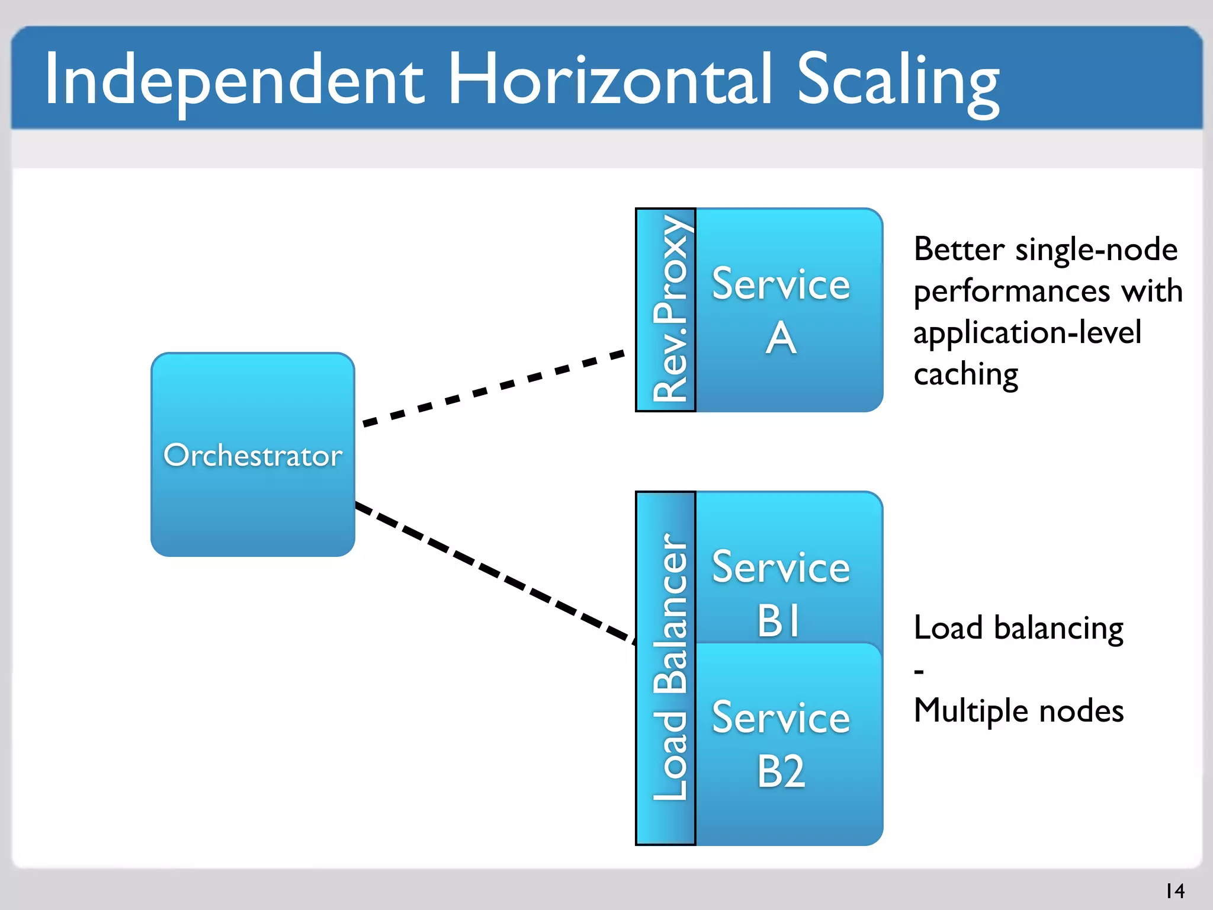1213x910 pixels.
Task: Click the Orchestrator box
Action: coord(253,454)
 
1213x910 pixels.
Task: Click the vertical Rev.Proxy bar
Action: coord(666,310)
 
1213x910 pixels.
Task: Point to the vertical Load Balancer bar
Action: coord(666,668)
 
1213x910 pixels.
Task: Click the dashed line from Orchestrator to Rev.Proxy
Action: coord(493,388)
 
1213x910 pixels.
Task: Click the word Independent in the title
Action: coord(234,80)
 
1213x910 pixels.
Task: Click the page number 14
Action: coord(1175,890)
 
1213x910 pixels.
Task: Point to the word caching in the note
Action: coord(965,374)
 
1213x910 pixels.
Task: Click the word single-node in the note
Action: coord(1096,249)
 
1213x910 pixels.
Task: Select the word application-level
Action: coord(1027,333)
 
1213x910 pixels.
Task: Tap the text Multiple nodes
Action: coord(1018,711)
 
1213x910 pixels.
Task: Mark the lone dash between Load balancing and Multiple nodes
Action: coord(919,672)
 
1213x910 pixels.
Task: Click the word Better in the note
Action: coord(959,249)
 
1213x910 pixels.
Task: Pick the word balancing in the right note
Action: coord(1058,629)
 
